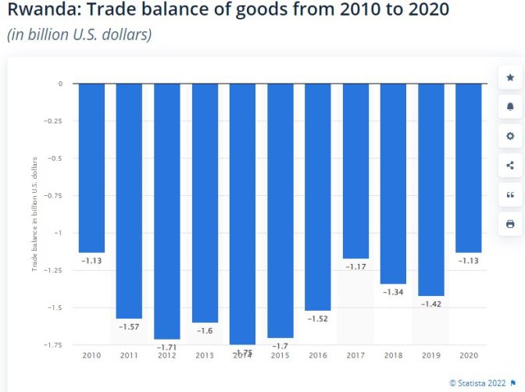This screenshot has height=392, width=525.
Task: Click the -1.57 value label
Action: [x=129, y=326]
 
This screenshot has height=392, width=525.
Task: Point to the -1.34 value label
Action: [x=393, y=292]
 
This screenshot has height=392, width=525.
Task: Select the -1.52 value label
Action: [x=318, y=319]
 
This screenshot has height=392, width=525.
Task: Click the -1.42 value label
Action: [x=431, y=304]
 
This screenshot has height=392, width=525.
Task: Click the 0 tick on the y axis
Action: [x=59, y=84]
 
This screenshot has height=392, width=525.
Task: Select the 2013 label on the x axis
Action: [x=205, y=355]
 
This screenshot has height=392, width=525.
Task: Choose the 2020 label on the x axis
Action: [x=469, y=355]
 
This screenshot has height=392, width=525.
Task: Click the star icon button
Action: [x=510, y=77]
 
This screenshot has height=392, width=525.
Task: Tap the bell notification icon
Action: [x=510, y=106]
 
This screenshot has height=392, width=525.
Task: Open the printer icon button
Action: [x=510, y=223]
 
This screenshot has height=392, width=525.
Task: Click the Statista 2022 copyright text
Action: [x=478, y=383]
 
